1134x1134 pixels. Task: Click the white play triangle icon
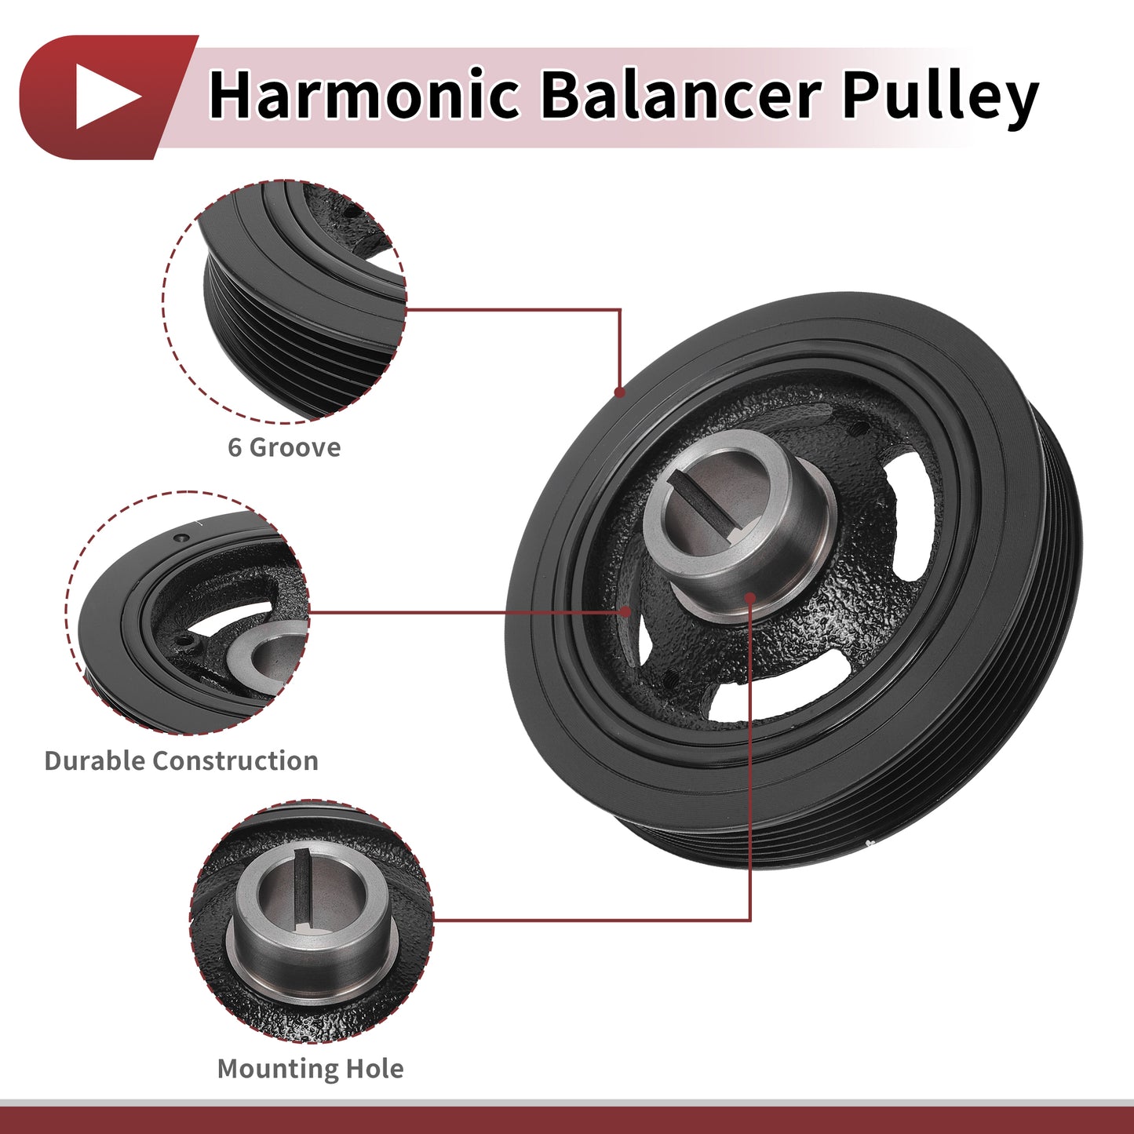coord(106,97)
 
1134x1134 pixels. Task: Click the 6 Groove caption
coord(284,448)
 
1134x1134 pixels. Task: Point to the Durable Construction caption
coord(181,761)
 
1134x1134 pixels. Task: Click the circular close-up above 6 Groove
coord(284,302)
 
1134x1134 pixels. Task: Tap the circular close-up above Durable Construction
coord(187,613)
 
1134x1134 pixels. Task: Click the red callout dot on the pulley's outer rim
coord(619,392)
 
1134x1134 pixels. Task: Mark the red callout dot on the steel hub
coord(749,598)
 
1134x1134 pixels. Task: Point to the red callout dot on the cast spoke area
coord(625,611)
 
